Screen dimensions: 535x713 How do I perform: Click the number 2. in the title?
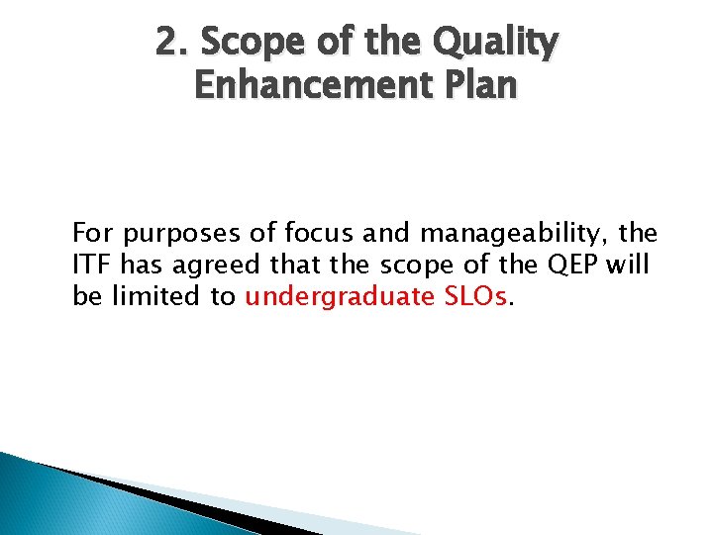(171, 42)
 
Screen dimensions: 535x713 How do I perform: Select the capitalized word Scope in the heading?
(244, 42)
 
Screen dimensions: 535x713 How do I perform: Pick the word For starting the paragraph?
(92, 235)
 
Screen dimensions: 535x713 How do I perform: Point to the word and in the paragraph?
(385, 235)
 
